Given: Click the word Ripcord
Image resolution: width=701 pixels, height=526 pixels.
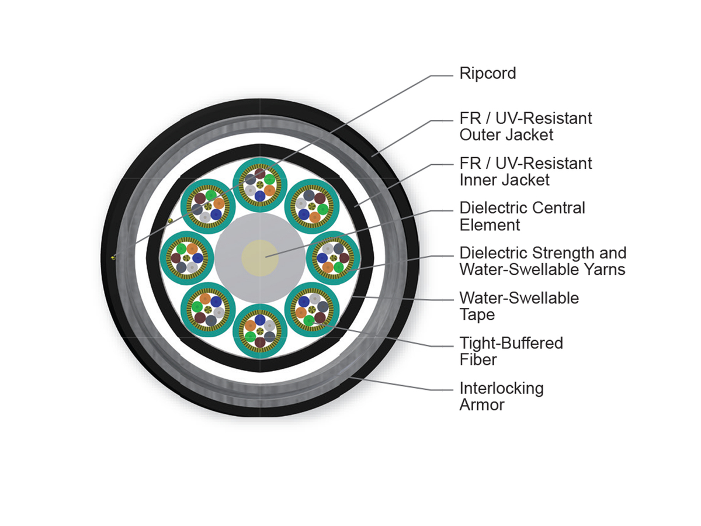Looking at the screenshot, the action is (x=487, y=74).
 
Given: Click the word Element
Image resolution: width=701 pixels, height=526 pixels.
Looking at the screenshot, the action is (x=490, y=225).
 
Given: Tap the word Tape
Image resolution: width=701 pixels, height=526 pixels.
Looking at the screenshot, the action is (x=477, y=315).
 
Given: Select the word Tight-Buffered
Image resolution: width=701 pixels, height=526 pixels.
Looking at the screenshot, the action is (x=511, y=343).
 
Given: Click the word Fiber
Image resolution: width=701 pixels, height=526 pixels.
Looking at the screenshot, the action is (x=478, y=360).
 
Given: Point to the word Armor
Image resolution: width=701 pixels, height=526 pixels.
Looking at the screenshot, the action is (x=482, y=405).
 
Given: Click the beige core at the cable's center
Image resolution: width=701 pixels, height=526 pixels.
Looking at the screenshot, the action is (x=260, y=258).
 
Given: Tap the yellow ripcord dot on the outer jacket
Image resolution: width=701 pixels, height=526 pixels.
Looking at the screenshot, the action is (x=113, y=258).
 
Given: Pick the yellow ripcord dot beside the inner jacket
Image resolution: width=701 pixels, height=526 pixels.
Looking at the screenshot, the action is (x=170, y=220).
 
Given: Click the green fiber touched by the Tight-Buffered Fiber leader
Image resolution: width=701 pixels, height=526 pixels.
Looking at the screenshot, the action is (x=308, y=320).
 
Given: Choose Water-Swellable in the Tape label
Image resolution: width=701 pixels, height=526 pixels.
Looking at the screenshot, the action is (x=519, y=298).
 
